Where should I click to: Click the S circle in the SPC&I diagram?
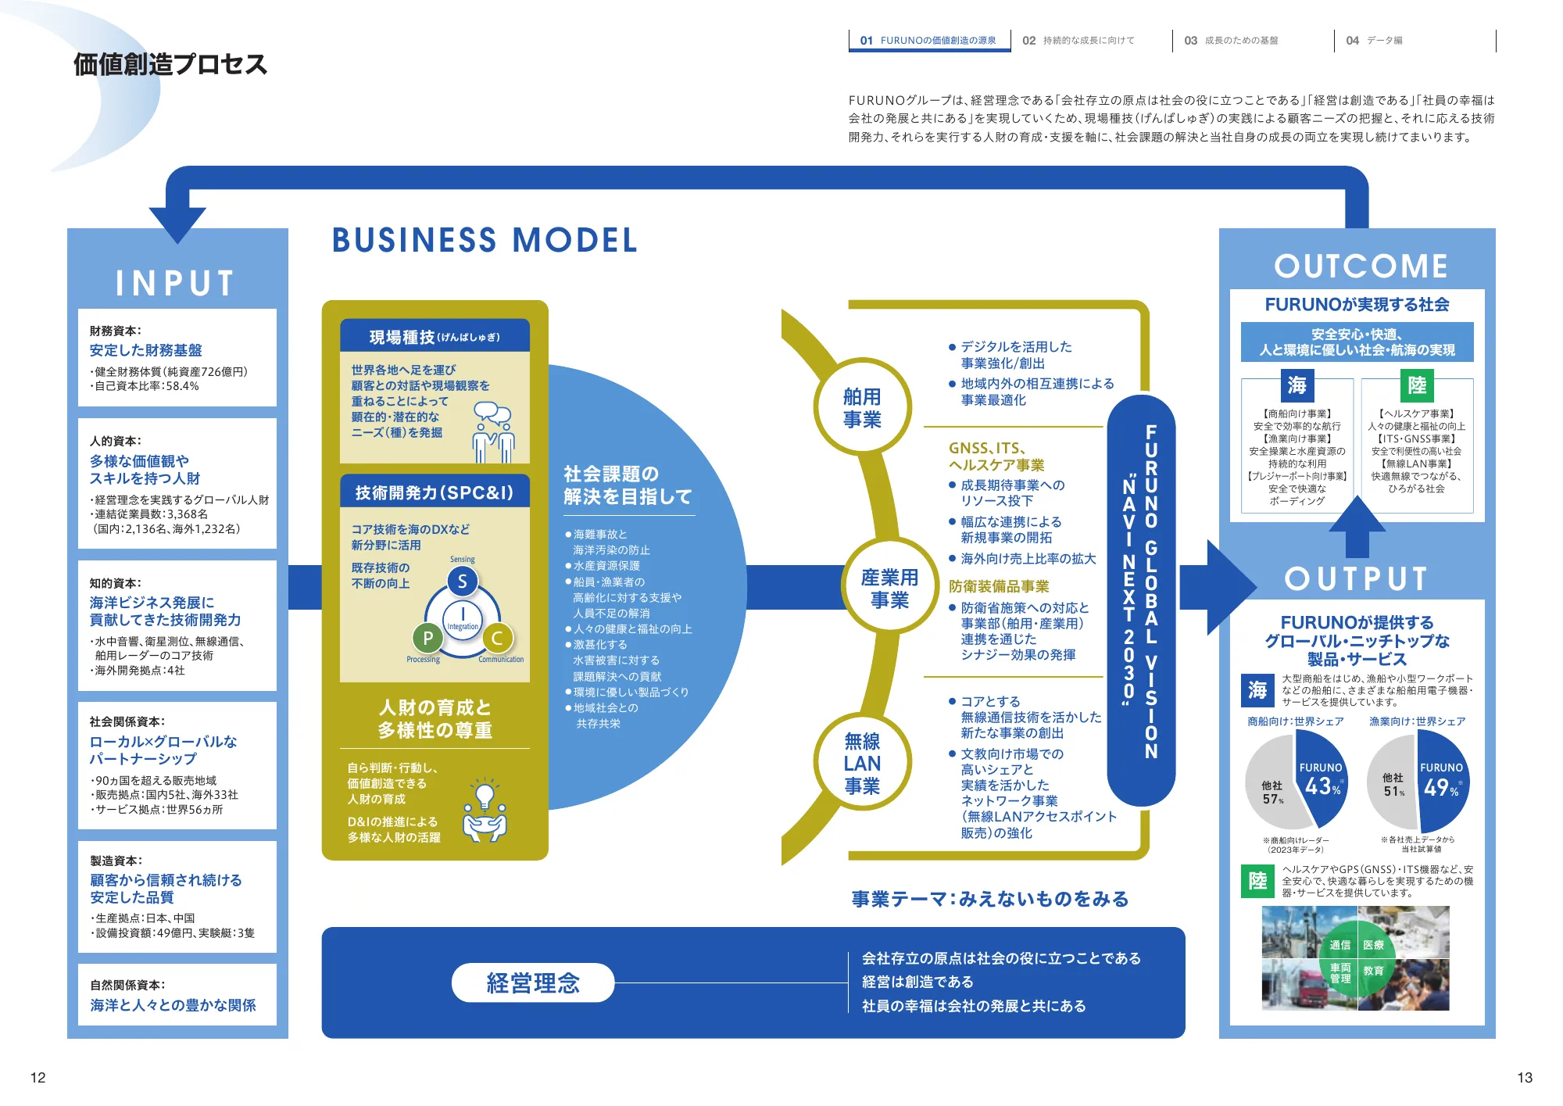click(x=463, y=582)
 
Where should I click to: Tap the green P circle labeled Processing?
click(x=427, y=638)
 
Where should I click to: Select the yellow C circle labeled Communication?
click(x=497, y=638)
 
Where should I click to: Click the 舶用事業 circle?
click(x=862, y=407)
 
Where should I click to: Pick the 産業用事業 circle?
click(x=889, y=588)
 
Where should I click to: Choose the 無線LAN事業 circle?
click(x=862, y=763)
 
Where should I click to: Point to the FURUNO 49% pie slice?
click(x=1442, y=782)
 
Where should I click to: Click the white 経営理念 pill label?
click(x=533, y=983)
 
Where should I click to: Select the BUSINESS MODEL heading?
click(x=485, y=240)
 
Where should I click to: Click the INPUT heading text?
click(x=176, y=283)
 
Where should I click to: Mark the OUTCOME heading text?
click(x=1361, y=266)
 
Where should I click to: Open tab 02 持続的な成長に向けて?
click(x=1078, y=41)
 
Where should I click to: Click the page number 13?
click(x=1524, y=1077)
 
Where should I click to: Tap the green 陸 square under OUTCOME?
click(x=1417, y=385)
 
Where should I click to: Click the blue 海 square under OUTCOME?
click(x=1297, y=385)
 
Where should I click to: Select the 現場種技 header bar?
click(x=435, y=337)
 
